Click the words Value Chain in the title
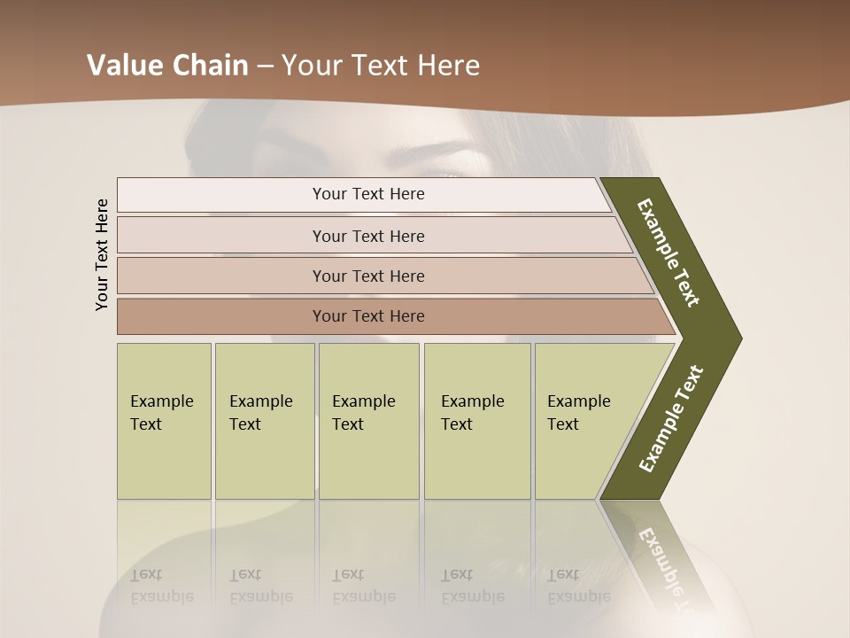(167, 66)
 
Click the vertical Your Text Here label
(102, 254)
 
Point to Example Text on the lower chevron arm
(670, 418)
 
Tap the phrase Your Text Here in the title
(381, 66)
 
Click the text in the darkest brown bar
(368, 316)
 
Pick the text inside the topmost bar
(368, 194)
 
